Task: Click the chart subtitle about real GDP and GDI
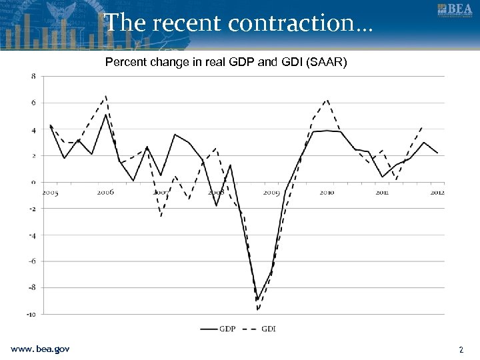(226, 63)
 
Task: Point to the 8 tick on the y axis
(34, 77)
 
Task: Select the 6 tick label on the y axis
(34, 103)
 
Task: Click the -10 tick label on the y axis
(32, 313)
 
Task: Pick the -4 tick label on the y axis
(33, 235)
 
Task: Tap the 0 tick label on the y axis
(34, 182)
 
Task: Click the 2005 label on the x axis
(50, 193)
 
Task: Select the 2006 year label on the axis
(105, 192)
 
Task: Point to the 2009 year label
(271, 193)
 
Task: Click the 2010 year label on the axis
(327, 193)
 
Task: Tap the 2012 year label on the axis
(437, 193)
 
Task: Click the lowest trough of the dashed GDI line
(257, 310)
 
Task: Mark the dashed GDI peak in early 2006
(105, 96)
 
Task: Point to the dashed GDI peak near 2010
(327, 100)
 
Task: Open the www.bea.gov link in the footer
(40, 349)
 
